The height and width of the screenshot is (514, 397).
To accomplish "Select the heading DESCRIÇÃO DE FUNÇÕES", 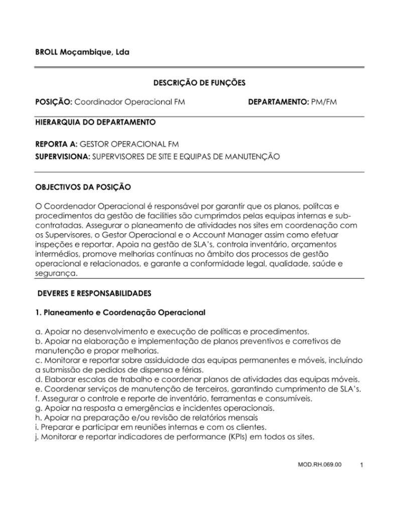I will (x=199, y=83).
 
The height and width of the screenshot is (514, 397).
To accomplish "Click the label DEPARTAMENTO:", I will (x=278, y=102).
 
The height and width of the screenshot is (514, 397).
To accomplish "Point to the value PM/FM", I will (x=323, y=102).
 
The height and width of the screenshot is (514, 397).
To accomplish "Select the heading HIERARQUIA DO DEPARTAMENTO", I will (x=95, y=122).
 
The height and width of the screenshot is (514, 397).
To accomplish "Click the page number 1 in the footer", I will (x=361, y=465).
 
